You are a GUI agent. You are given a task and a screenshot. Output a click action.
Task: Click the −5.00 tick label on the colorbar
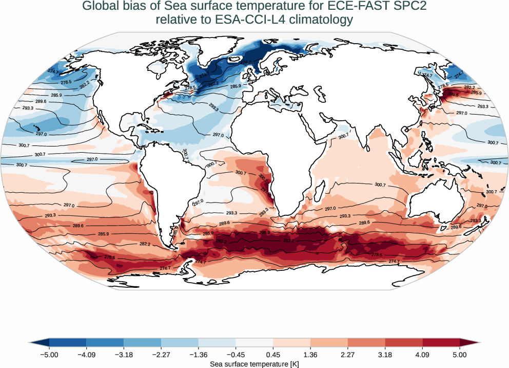tap(49, 354)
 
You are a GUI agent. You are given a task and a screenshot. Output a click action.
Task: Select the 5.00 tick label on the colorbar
tap(460, 354)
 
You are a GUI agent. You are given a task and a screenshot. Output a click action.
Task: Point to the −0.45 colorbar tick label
tap(236, 354)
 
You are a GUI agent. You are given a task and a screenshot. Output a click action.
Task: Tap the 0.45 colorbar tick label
tap(273, 354)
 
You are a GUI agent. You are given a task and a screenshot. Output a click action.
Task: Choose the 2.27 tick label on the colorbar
tap(348, 354)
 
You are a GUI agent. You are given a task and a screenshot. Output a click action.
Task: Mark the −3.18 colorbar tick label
tap(124, 354)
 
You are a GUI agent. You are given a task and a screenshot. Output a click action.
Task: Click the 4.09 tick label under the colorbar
tap(422, 354)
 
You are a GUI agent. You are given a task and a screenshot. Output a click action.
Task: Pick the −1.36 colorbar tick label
tap(198, 354)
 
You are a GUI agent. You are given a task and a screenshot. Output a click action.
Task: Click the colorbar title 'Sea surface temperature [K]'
tap(254, 364)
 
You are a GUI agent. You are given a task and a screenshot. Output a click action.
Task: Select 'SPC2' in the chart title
tap(412, 7)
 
